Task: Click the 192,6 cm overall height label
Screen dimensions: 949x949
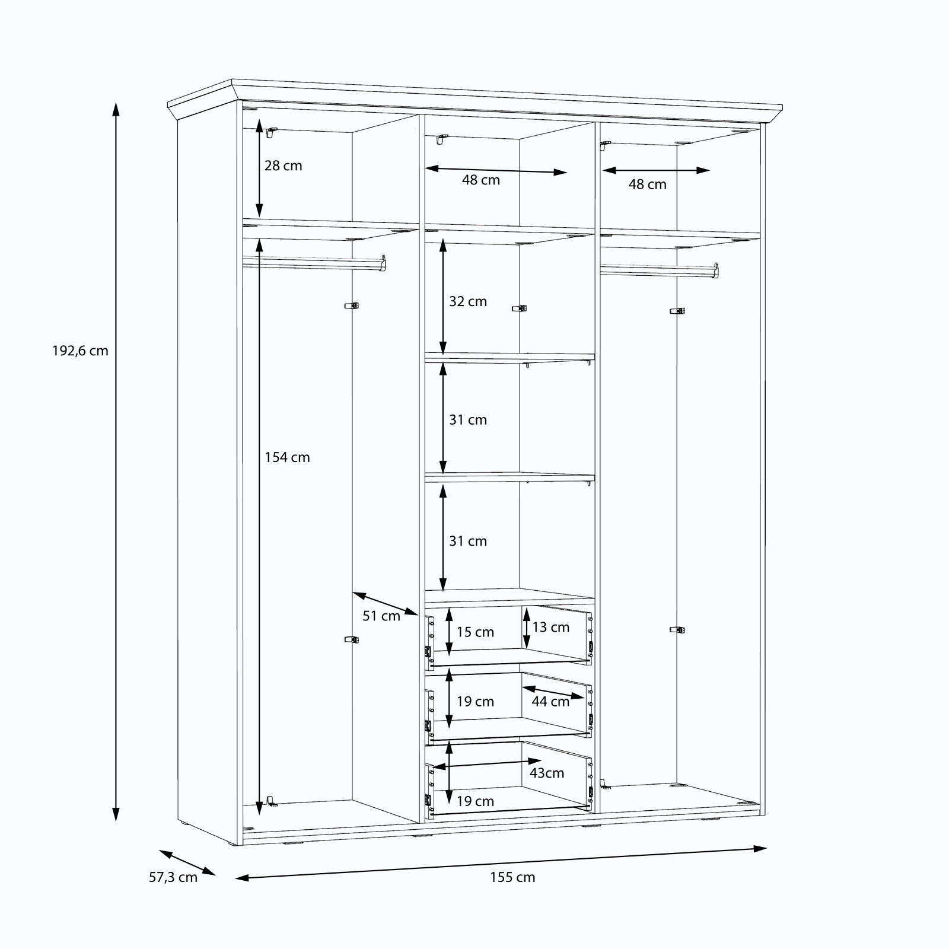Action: point(81,351)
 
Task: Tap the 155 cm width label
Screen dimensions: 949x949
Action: point(512,877)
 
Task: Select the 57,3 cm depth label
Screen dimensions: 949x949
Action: point(173,877)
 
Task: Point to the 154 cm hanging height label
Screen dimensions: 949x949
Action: point(287,457)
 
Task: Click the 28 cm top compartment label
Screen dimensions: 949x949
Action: point(283,166)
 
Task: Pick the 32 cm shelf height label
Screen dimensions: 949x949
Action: point(468,301)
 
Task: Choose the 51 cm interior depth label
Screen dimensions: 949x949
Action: point(381,616)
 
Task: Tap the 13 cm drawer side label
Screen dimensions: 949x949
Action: point(550,627)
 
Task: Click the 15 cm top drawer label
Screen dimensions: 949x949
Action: point(475,632)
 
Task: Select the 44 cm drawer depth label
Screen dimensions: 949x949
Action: point(550,702)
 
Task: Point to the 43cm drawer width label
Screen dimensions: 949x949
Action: point(547,773)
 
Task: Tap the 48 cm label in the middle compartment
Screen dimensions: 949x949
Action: point(481,180)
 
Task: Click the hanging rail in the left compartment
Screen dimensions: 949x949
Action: point(314,263)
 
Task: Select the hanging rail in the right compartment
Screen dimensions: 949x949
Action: point(660,270)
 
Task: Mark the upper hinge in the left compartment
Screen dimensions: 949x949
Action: point(352,306)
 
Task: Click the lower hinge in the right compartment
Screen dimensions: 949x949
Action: point(677,629)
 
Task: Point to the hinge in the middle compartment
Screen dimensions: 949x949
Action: point(520,308)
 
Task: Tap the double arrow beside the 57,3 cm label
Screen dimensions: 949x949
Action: point(187,862)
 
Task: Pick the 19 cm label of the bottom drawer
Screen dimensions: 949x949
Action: point(475,801)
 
